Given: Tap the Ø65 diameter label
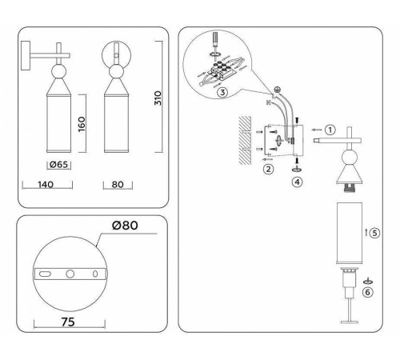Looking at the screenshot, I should coord(57,165).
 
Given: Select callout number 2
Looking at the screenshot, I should coord(270,170).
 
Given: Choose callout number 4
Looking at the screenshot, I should coord(298,182).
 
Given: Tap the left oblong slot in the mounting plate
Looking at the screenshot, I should coord(46,274).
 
